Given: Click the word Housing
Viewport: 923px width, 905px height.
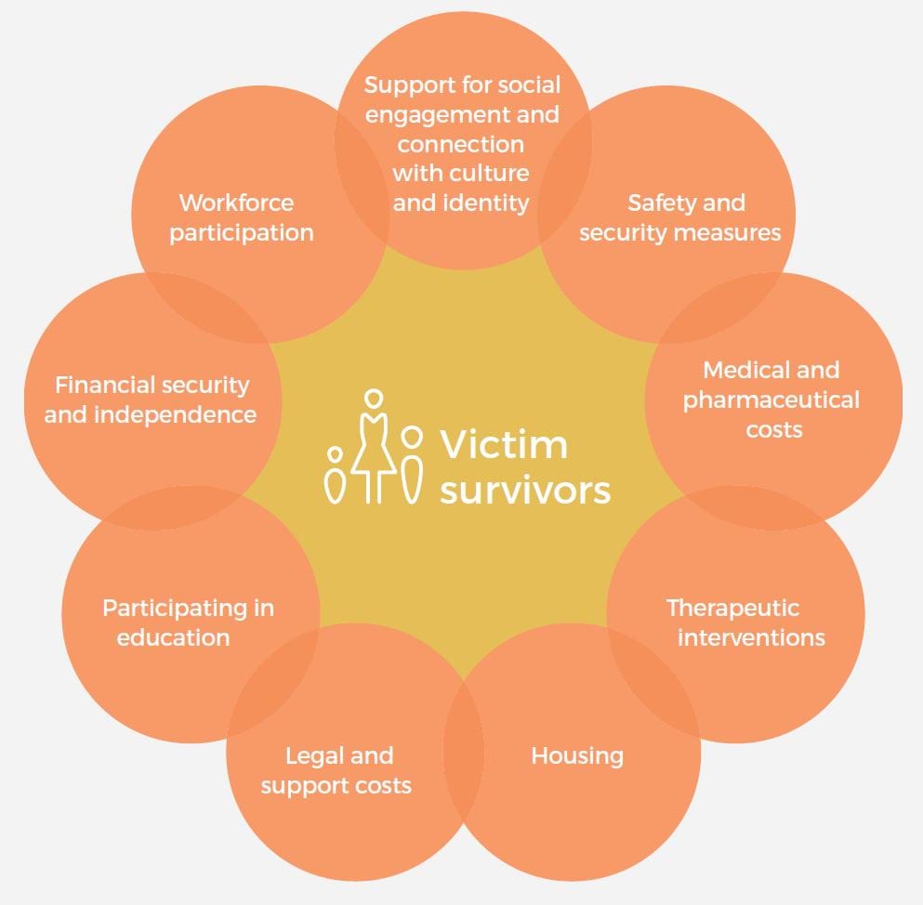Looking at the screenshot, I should (x=576, y=755).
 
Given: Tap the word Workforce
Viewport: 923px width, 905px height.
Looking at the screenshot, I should (x=236, y=203).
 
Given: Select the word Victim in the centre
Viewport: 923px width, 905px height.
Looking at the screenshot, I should (x=503, y=444).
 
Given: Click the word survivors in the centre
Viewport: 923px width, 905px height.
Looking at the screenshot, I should (x=525, y=490).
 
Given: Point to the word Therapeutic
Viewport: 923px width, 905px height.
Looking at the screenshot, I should (x=732, y=608).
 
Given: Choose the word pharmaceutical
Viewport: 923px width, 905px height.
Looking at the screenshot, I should (x=771, y=400).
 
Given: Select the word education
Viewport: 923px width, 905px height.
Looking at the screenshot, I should (x=173, y=637).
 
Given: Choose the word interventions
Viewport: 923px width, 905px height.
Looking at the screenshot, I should (x=750, y=637).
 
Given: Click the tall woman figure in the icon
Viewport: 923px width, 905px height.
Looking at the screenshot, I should (x=374, y=446).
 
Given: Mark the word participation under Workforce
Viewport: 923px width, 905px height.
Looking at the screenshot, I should (x=241, y=232).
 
